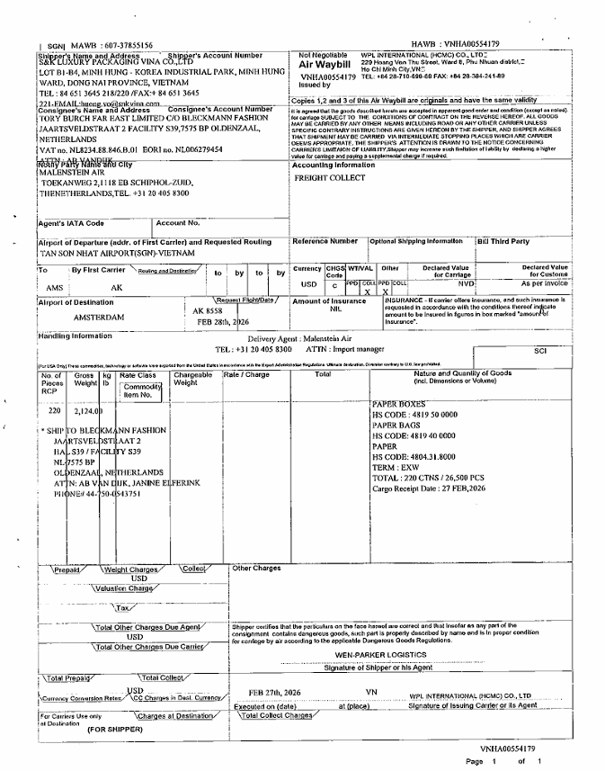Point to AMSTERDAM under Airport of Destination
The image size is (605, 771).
point(99,318)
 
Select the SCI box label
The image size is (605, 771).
point(540,351)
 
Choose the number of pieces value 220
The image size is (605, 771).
point(54,410)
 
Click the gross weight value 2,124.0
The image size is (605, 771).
point(88,410)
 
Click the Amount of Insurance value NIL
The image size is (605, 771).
point(335,309)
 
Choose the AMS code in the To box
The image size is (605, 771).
point(54,287)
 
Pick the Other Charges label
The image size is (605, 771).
point(257,569)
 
